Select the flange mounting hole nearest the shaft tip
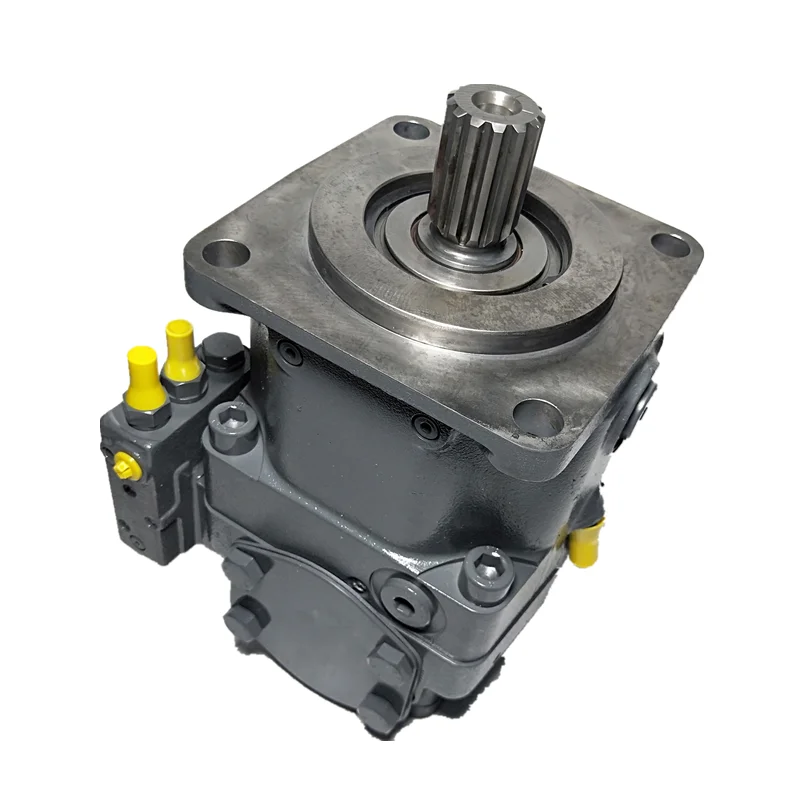(x=411, y=129)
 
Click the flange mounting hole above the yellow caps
(x=230, y=252)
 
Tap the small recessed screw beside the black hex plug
(x=290, y=352)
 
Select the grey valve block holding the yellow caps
(x=150, y=470)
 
